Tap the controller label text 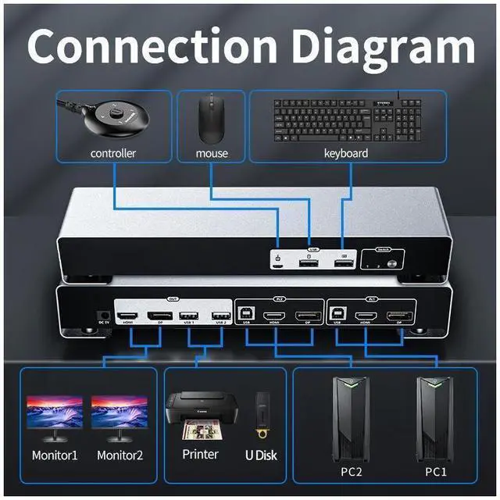tap(113, 153)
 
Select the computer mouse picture tap(209, 118)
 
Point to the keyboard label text tap(346, 153)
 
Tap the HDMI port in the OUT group tap(128, 316)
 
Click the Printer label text tap(199, 454)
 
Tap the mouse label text tap(211, 153)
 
